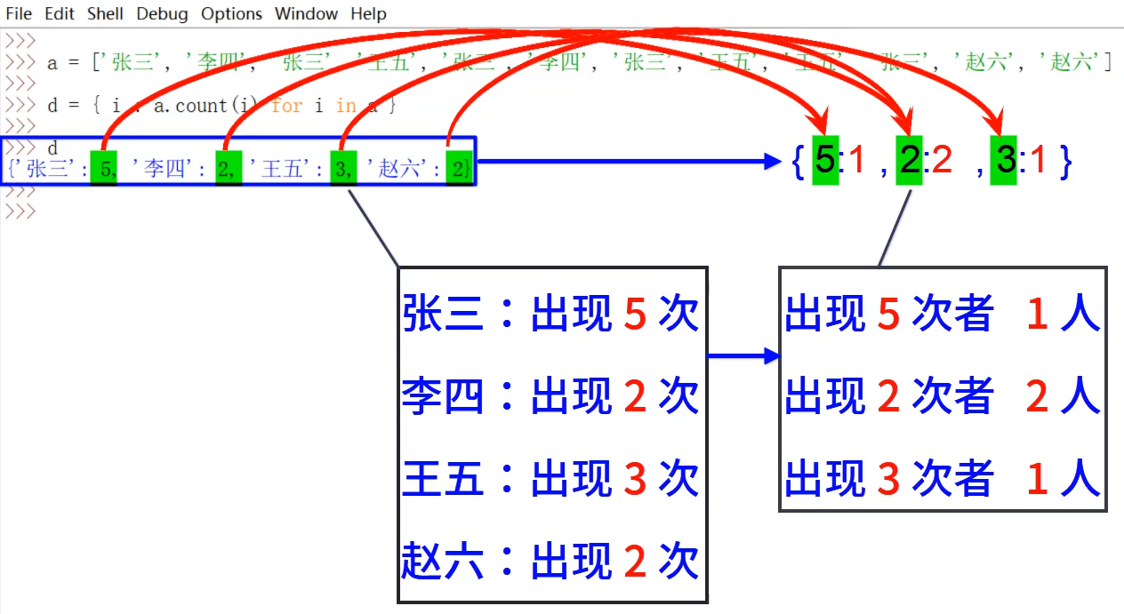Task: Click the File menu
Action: point(18,13)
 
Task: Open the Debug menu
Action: point(162,13)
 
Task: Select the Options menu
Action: point(231,13)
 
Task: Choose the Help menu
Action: point(368,13)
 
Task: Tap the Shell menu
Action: point(105,13)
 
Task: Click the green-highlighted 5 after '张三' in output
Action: point(104,169)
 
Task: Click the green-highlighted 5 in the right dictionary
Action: point(825,160)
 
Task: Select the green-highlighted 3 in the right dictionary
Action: point(1005,160)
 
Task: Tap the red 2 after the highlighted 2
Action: point(941,160)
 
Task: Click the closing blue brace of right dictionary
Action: point(1064,160)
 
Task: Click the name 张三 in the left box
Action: point(442,315)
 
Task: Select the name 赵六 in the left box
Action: point(442,561)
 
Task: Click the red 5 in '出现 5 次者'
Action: point(888,315)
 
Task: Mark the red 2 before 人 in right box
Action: point(1037,396)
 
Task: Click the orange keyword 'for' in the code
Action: point(286,106)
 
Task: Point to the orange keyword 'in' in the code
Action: point(346,106)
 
